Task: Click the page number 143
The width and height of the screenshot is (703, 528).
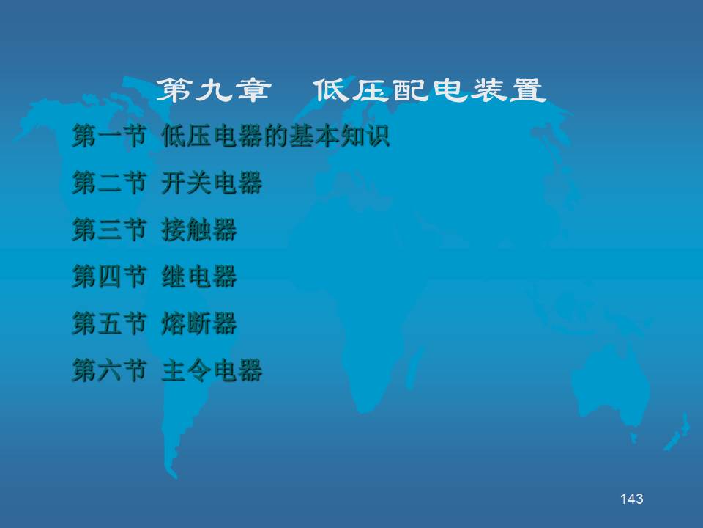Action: tap(632, 499)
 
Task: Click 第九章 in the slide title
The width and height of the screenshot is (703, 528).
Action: tap(214, 90)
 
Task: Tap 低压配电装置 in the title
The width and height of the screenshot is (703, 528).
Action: tap(430, 90)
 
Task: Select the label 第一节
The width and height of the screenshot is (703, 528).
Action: tap(110, 136)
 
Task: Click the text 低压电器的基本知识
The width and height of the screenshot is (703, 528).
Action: tap(275, 136)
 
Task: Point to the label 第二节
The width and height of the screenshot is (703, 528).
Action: tap(110, 183)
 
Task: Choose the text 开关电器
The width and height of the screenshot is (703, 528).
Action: tap(212, 183)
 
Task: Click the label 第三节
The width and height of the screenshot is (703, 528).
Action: tap(110, 230)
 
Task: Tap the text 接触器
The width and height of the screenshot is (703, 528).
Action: tap(199, 230)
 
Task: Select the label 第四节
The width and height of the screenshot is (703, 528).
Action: tap(110, 276)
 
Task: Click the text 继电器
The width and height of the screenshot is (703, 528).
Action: tap(199, 276)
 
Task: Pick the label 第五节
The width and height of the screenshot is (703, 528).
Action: tap(110, 323)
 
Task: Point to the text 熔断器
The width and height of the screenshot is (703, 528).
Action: tap(199, 323)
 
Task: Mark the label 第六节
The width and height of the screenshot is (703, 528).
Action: tap(110, 370)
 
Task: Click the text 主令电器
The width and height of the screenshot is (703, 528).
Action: tap(212, 370)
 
